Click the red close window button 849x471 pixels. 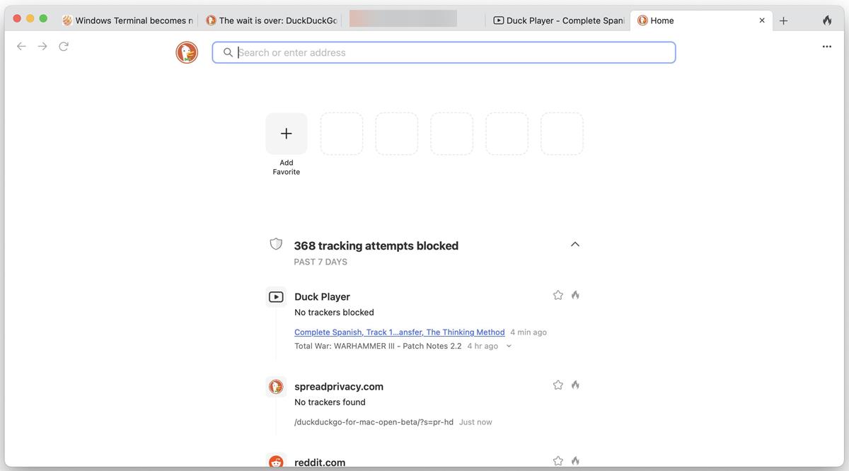pyautogui.click(x=17, y=18)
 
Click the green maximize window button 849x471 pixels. pyautogui.click(x=43, y=18)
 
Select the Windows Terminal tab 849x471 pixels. pyautogui.click(x=128, y=21)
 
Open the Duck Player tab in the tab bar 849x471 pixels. pyautogui.click(x=558, y=21)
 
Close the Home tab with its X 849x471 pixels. pyautogui.click(x=762, y=21)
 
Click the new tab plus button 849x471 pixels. pyautogui.click(x=783, y=21)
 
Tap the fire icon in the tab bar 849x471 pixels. pyautogui.click(x=827, y=21)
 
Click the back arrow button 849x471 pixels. pyautogui.click(x=21, y=46)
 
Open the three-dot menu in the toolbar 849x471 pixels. pyautogui.click(x=827, y=47)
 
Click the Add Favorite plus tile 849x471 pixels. pyautogui.click(x=287, y=134)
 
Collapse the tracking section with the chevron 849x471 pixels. pyautogui.click(x=575, y=245)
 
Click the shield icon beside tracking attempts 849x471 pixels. pyautogui.click(x=276, y=244)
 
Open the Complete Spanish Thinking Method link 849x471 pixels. pyautogui.click(x=399, y=332)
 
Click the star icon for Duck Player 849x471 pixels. pyautogui.click(x=558, y=295)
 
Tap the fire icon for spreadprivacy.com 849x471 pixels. pyautogui.click(x=575, y=385)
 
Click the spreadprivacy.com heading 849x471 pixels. pyautogui.click(x=339, y=386)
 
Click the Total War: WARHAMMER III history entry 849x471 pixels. pyautogui.click(x=378, y=347)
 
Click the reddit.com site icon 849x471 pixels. pyautogui.click(x=276, y=462)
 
